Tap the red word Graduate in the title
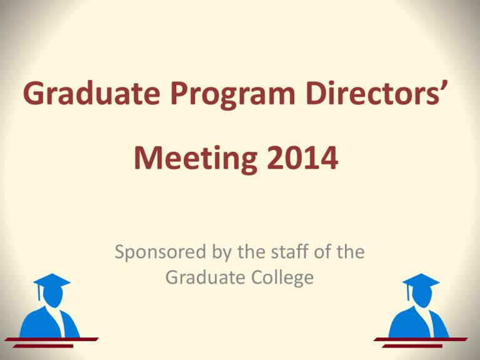(91, 92)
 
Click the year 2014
(302, 158)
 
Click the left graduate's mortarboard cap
(52, 281)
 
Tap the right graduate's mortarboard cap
(421, 281)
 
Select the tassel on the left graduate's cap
(39, 292)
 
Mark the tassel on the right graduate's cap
(408, 292)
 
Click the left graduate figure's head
(53, 296)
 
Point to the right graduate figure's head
(422, 296)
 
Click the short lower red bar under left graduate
(43, 346)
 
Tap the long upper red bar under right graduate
(421, 339)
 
